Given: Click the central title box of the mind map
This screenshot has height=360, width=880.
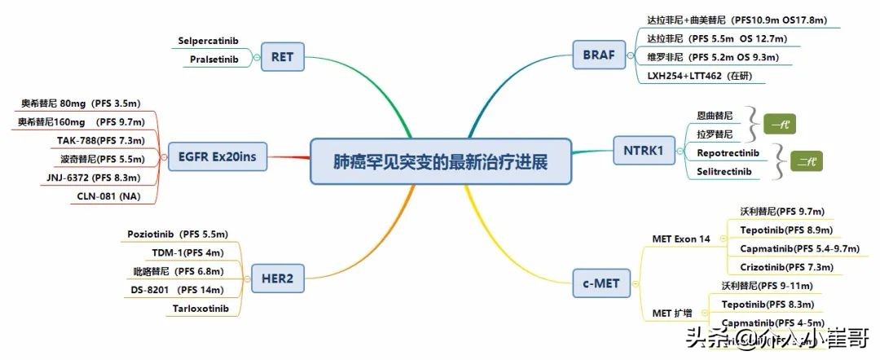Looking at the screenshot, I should tap(440, 162).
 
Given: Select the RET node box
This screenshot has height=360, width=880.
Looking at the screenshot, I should tap(282, 57).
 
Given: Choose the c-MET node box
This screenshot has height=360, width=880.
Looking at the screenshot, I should tap(601, 283).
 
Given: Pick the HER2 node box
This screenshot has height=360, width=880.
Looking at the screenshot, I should tap(277, 279).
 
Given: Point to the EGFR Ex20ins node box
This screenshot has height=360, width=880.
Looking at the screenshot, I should tap(217, 156).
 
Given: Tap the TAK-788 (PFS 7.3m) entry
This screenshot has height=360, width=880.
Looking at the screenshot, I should tap(100, 140).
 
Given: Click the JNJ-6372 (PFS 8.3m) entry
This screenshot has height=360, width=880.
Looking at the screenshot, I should tap(94, 178).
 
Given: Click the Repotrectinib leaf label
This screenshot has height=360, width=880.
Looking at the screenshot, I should tap(728, 152).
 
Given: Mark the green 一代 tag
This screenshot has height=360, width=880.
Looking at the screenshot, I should tap(780, 124).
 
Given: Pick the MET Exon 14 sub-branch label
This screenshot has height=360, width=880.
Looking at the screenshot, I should tap(684, 239).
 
